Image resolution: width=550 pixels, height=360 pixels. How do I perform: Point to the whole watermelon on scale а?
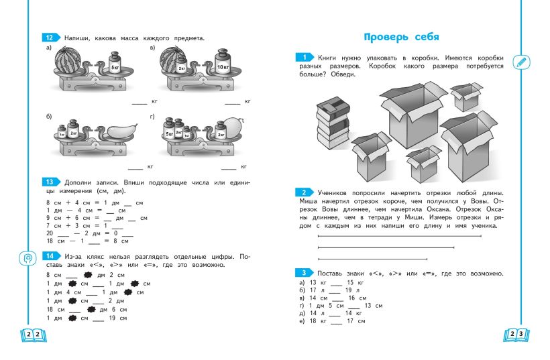(70, 61)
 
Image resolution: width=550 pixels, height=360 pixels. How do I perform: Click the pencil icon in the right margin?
(520, 62)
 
